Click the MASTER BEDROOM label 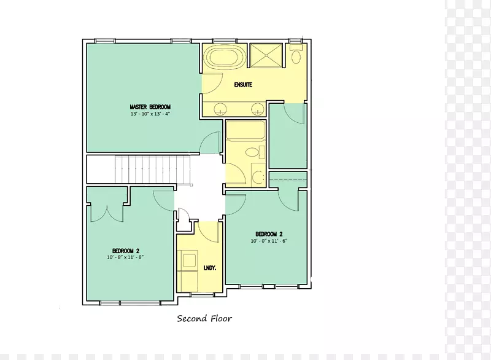(150, 107)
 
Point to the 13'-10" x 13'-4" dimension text (150, 114)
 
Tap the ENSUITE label (243, 85)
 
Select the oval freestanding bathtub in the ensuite (224, 57)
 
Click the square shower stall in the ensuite (266, 55)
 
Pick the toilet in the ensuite (296, 54)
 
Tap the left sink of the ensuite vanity (220, 109)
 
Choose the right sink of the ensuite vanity (258, 109)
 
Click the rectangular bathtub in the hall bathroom (246, 131)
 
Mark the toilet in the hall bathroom (255, 152)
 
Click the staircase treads (152, 170)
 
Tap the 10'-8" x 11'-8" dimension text (125, 257)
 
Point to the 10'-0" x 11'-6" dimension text (269, 241)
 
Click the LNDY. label (210, 268)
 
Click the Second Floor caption (204, 319)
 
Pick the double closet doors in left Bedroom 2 (107, 213)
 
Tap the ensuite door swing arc (212, 84)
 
